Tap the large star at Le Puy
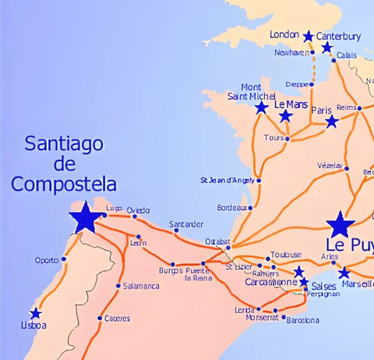tap(340, 225)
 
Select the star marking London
tap(308, 36)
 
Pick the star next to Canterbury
tap(327, 47)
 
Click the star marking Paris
tap(332, 122)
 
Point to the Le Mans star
tap(286, 116)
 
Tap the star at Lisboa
tap(36, 314)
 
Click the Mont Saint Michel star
tap(262, 108)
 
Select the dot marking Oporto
tap(64, 259)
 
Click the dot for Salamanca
tap(118, 286)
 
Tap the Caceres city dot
tap(100, 318)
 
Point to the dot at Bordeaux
tap(250, 208)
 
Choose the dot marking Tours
tap(287, 139)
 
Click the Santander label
tap(186, 225)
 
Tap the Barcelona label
tap(302, 320)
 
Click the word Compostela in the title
tap(64, 184)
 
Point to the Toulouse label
tap(286, 254)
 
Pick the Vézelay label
tap(330, 166)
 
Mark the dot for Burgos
tap(173, 264)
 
